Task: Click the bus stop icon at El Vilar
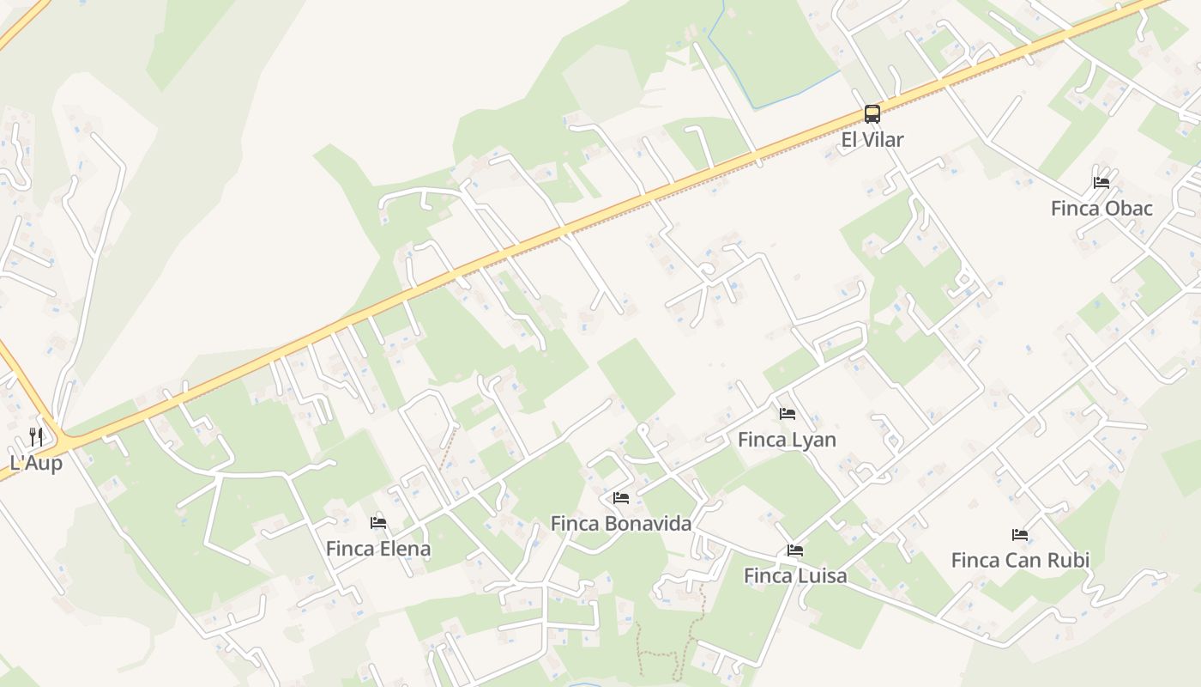pyautogui.click(x=872, y=113)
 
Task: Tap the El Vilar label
pyautogui.click(x=872, y=140)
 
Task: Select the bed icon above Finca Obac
pyautogui.click(x=1101, y=182)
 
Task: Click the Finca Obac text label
pyautogui.click(x=1101, y=209)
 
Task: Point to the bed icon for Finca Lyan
pyautogui.click(x=788, y=414)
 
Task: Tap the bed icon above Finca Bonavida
pyautogui.click(x=621, y=497)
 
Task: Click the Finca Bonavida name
pyautogui.click(x=621, y=524)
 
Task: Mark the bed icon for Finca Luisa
pyautogui.click(x=795, y=550)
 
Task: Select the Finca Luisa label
pyautogui.click(x=795, y=576)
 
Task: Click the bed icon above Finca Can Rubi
pyautogui.click(x=1020, y=534)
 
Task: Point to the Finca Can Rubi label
pyautogui.click(x=1020, y=561)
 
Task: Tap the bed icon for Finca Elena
pyautogui.click(x=378, y=522)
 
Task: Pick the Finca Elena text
pyautogui.click(x=378, y=549)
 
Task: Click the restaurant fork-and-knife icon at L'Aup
pyautogui.click(x=36, y=436)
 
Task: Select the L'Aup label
pyautogui.click(x=36, y=463)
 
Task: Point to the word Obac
pyautogui.click(x=1128, y=209)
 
